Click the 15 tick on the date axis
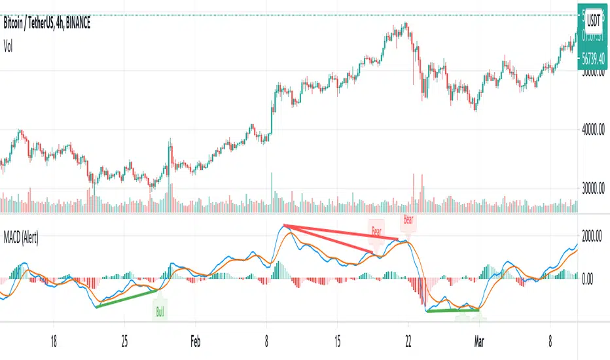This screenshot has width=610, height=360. pyautogui.click(x=337, y=340)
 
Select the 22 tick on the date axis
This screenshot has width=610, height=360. pyautogui.click(x=408, y=340)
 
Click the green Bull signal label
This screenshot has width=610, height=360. pyautogui.click(x=160, y=312)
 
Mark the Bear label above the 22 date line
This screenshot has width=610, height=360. pyautogui.click(x=408, y=221)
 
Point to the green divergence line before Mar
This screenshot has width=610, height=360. pyautogui.click(x=452, y=310)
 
